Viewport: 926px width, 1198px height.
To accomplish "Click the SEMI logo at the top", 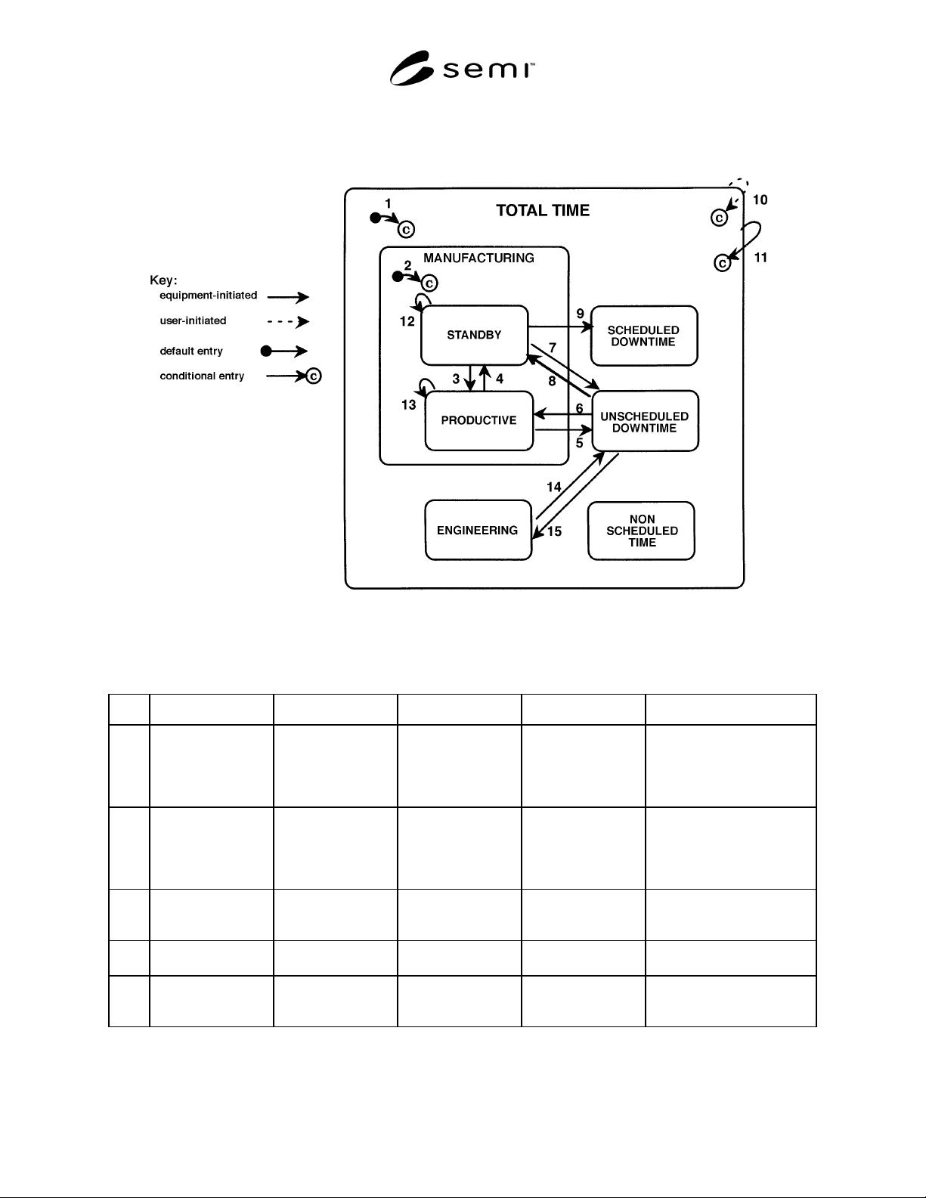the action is [462, 68].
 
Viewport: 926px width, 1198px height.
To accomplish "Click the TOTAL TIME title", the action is [543, 211].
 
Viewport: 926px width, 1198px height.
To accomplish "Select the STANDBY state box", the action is [474, 335].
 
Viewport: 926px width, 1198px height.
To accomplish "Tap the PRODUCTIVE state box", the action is [479, 421].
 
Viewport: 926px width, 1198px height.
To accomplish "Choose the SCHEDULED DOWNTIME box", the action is [644, 336].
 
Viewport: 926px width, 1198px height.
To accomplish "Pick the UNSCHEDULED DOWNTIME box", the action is [645, 421].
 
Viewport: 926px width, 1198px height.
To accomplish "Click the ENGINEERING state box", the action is [478, 531].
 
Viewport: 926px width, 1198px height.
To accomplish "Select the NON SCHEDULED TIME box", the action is [641, 531].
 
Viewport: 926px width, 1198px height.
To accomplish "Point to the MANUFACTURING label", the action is [478, 258].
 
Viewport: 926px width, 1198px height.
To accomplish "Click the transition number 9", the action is [580, 314].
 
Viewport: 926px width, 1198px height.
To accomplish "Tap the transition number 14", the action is [554, 487].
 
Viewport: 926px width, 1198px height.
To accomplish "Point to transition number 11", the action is [760, 258].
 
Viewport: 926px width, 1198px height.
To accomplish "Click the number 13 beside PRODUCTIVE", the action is [408, 405].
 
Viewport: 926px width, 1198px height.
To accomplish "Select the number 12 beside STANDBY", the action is [407, 321].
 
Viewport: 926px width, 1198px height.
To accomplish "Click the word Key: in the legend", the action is [163, 280].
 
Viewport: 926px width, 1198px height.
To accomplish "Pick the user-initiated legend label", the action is [193, 321].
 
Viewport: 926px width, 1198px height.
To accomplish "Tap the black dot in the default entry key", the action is [266, 351].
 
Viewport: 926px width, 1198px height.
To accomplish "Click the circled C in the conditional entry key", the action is [313, 376].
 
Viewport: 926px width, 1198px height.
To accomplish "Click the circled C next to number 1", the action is [406, 229].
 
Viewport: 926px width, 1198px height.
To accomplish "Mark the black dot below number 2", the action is [398, 277].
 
